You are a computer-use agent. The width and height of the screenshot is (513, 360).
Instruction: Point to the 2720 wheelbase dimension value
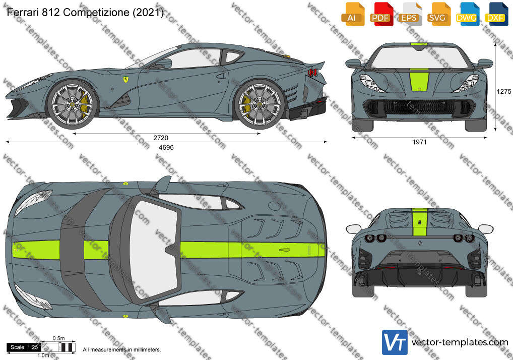click(161, 138)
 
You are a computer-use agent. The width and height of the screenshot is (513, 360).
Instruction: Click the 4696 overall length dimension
click(166, 148)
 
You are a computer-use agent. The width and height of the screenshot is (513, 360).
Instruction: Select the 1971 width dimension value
click(419, 142)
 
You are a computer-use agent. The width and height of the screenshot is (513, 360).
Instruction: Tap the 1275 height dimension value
click(504, 92)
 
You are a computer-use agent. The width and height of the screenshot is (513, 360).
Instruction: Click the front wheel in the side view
click(72, 104)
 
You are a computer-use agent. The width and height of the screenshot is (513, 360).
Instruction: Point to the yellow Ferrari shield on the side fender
click(125, 80)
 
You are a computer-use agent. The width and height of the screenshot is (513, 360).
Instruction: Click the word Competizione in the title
click(96, 13)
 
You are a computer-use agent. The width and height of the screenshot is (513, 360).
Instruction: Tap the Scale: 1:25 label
click(24, 347)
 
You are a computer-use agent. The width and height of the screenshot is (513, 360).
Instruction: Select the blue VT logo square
click(395, 342)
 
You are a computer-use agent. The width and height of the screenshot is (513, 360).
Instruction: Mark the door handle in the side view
click(222, 76)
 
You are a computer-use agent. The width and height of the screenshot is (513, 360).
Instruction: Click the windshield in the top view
click(153, 250)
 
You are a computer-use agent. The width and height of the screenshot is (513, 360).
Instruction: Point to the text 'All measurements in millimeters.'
click(122, 350)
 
